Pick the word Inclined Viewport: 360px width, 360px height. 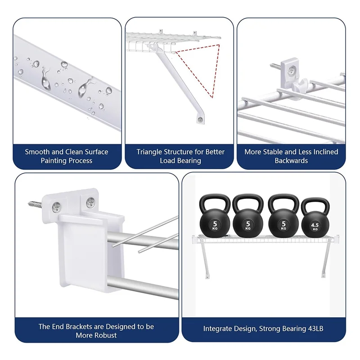pos(324,152)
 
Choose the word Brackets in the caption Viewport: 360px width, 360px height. pos(80,326)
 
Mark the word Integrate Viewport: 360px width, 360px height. pos(218,329)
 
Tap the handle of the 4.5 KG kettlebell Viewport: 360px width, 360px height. pos(315,203)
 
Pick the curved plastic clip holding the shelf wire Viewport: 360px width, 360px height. pos(301,85)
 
